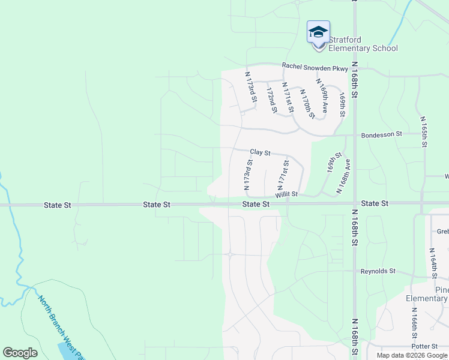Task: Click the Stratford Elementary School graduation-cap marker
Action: (x=318, y=32)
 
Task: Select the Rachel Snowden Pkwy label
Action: (x=315, y=68)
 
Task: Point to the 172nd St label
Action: (x=271, y=100)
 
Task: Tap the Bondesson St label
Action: (x=381, y=135)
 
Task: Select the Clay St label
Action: (x=261, y=153)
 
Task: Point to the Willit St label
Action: (x=287, y=195)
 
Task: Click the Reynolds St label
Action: (x=378, y=271)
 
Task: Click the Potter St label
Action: (x=424, y=347)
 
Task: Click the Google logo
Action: (x=20, y=353)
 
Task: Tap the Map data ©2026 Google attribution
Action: (x=412, y=355)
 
